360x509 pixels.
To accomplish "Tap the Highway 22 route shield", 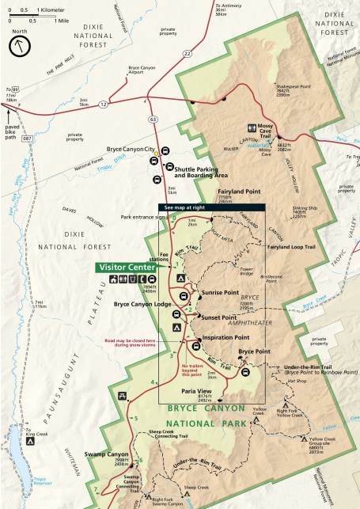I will (x=187, y=53).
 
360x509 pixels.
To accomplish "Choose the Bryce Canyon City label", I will (x=131, y=150).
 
